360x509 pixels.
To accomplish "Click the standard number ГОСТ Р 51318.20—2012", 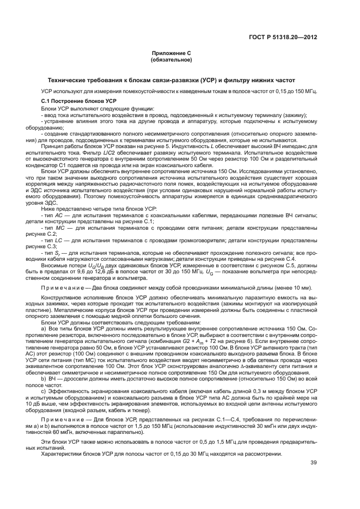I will click(283, 37).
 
